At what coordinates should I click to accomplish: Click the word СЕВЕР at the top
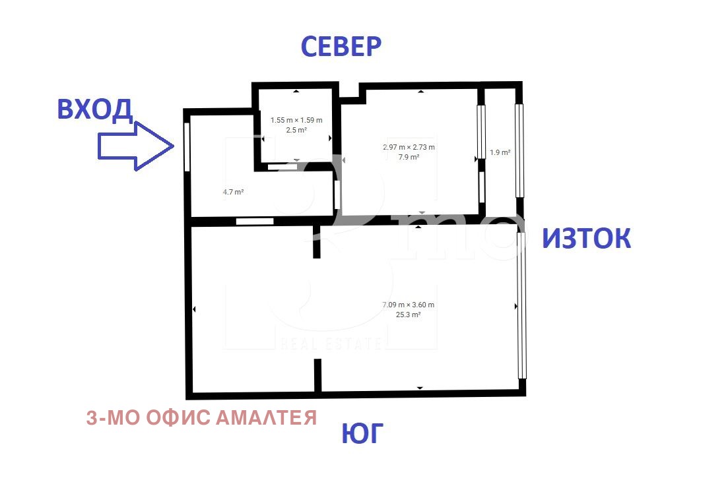tap(341, 47)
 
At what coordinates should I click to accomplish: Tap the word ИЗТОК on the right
tap(586, 239)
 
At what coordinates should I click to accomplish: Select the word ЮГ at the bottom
tap(362, 435)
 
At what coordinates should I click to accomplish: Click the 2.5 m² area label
tap(296, 130)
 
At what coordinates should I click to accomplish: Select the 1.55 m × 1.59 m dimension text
tap(296, 120)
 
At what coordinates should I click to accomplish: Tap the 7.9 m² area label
tap(409, 157)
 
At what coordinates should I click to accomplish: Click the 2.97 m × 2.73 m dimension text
tap(409, 147)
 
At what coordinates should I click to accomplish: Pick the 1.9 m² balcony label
tap(500, 153)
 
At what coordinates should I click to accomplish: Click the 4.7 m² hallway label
tap(234, 192)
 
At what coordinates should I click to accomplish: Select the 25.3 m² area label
tap(408, 315)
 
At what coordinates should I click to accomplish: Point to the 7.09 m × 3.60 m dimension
tap(408, 305)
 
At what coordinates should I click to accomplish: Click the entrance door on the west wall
tap(187, 146)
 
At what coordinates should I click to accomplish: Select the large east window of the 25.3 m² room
tap(522, 305)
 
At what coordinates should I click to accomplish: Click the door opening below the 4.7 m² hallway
tap(255, 221)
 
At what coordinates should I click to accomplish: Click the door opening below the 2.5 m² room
tap(282, 167)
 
